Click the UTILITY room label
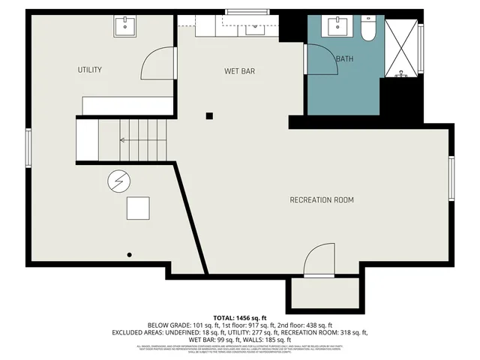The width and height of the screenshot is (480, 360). [x=90, y=70]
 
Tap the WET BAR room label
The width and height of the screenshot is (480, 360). [x=240, y=71]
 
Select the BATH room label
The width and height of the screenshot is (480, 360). [x=344, y=59]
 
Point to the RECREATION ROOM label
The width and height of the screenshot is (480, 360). [x=322, y=199]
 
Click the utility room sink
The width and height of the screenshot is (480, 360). [x=124, y=27]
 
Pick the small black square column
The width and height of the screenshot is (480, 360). [x=210, y=115]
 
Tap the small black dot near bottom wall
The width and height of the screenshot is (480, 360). [x=130, y=255]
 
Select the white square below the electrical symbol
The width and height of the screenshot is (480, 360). [x=138, y=208]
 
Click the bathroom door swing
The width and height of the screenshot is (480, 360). [x=318, y=60]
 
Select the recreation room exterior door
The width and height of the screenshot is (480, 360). [x=319, y=259]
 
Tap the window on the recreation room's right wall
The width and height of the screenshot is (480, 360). [x=451, y=178]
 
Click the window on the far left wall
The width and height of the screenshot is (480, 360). [x=28, y=147]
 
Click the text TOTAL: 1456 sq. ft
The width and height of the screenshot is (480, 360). [x=239, y=318]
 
